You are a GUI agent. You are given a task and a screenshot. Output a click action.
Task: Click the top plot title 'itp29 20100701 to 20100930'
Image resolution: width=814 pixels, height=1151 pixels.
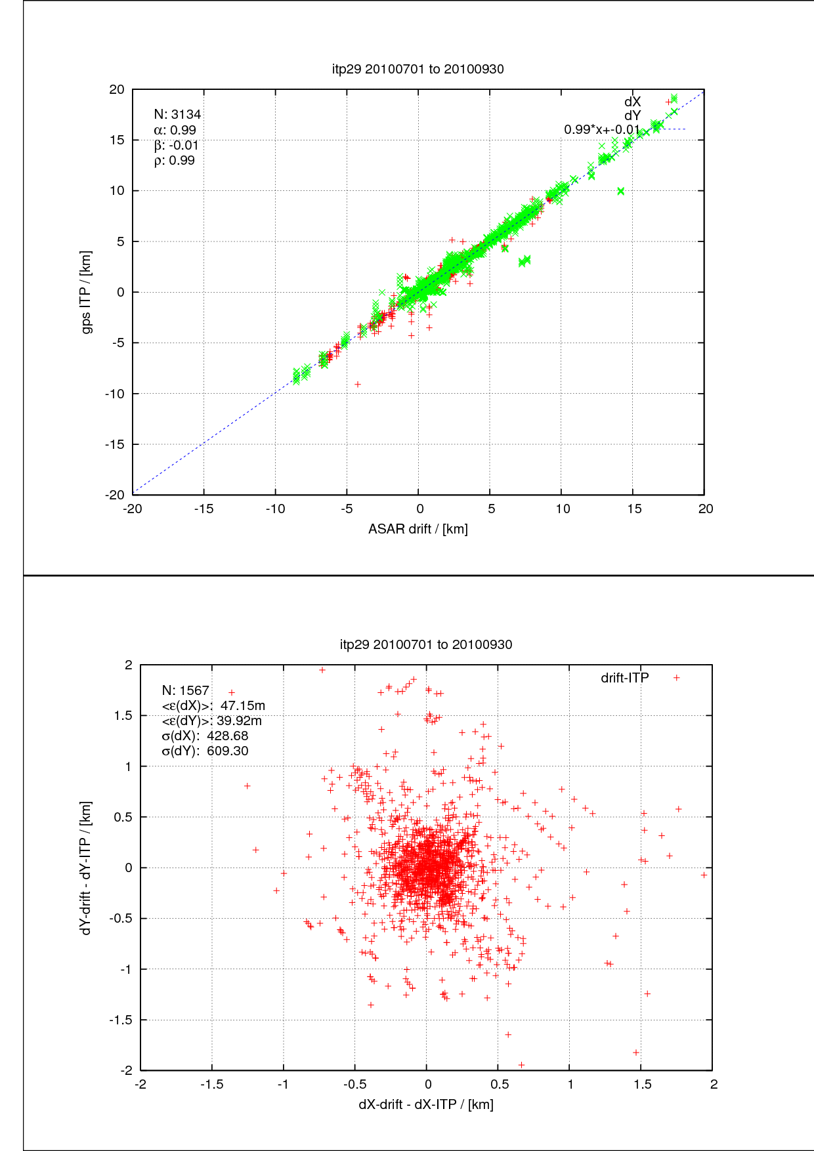tap(418, 69)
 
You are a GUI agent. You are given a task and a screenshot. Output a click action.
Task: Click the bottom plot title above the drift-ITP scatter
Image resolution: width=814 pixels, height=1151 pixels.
tap(425, 644)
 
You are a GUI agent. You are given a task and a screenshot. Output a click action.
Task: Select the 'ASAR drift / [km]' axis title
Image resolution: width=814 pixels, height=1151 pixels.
tap(418, 529)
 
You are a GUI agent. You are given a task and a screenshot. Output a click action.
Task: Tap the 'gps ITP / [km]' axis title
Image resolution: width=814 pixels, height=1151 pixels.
tap(86, 292)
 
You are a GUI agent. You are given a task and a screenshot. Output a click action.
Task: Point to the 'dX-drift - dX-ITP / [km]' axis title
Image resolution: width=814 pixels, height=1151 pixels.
tap(425, 1104)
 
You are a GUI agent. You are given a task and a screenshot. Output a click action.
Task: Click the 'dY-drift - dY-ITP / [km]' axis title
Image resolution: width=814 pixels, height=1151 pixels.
tap(86, 868)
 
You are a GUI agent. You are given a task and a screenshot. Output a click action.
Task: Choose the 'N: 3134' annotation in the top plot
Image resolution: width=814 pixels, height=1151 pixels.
tap(177, 115)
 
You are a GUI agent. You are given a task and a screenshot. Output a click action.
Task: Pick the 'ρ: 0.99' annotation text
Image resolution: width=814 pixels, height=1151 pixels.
tap(175, 161)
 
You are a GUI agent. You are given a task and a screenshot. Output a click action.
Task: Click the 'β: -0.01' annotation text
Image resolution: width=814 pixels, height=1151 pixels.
tap(176, 145)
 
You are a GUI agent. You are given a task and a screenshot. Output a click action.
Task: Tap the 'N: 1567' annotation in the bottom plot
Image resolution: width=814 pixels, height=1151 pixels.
tap(185, 690)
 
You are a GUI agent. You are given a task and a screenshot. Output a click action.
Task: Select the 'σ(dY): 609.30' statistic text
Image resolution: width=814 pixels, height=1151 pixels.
tap(205, 751)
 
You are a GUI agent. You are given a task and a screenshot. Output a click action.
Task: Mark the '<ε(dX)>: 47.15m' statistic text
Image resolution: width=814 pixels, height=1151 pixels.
tap(213, 706)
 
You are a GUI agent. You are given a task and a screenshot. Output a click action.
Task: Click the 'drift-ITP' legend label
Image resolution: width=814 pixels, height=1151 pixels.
tap(624, 678)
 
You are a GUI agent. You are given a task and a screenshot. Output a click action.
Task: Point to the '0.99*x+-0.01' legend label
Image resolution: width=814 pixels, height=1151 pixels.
tap(601, 130)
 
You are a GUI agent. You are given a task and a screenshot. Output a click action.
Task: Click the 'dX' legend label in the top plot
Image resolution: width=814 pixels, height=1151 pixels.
tap(632, 102)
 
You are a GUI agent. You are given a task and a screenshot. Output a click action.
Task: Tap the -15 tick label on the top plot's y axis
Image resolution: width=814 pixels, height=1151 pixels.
tap(115, 444)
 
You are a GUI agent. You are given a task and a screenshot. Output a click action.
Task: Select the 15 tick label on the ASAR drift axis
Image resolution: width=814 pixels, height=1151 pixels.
tap(633, 509)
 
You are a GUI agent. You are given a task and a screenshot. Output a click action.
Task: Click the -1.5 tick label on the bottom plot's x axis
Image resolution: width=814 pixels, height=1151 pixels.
tap(211, 1084)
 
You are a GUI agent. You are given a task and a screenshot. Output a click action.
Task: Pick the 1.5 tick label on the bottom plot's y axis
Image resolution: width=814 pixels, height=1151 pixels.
tap(123, 716)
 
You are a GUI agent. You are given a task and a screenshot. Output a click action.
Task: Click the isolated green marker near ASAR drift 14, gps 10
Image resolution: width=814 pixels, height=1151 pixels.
tap(621, 191)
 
